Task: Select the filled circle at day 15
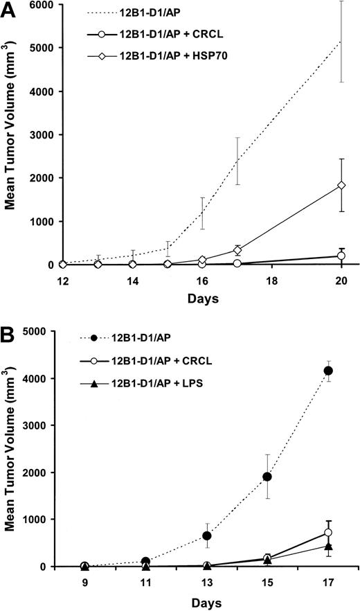point(267,477)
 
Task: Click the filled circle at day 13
point(206,535)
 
